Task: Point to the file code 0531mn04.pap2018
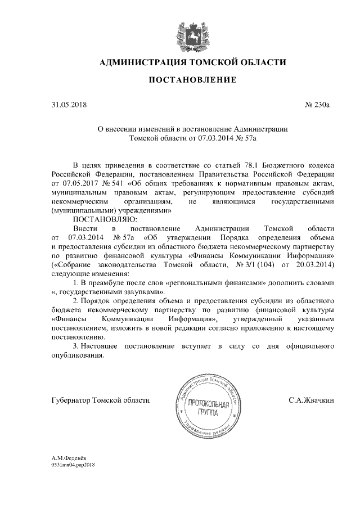[74, 466]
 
